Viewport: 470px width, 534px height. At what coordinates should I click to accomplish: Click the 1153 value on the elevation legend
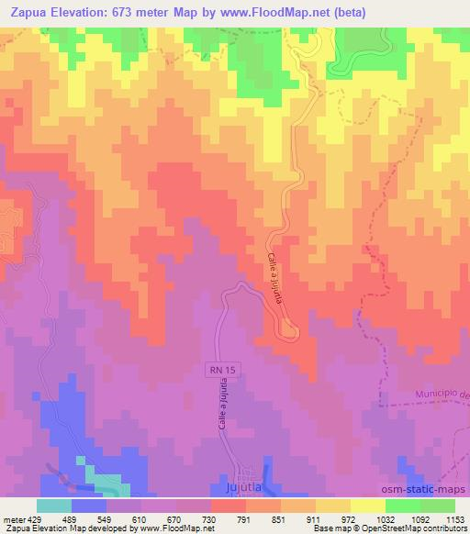coord(454,518)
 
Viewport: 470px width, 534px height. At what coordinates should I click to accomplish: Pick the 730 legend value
coord(211,518)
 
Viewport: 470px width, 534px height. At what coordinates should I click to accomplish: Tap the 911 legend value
coord(315,518)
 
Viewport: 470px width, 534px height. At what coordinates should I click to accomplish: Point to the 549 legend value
coord(106,518)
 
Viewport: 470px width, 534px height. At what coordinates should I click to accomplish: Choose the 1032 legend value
coord(385,518)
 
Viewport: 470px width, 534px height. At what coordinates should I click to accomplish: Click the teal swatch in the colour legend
coord(54,506)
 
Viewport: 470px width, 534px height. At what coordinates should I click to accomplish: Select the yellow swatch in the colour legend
coord(367,506)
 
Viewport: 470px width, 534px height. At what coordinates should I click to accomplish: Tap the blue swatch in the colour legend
coord(89,506)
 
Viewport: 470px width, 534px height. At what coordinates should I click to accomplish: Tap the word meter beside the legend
coord(12,518)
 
